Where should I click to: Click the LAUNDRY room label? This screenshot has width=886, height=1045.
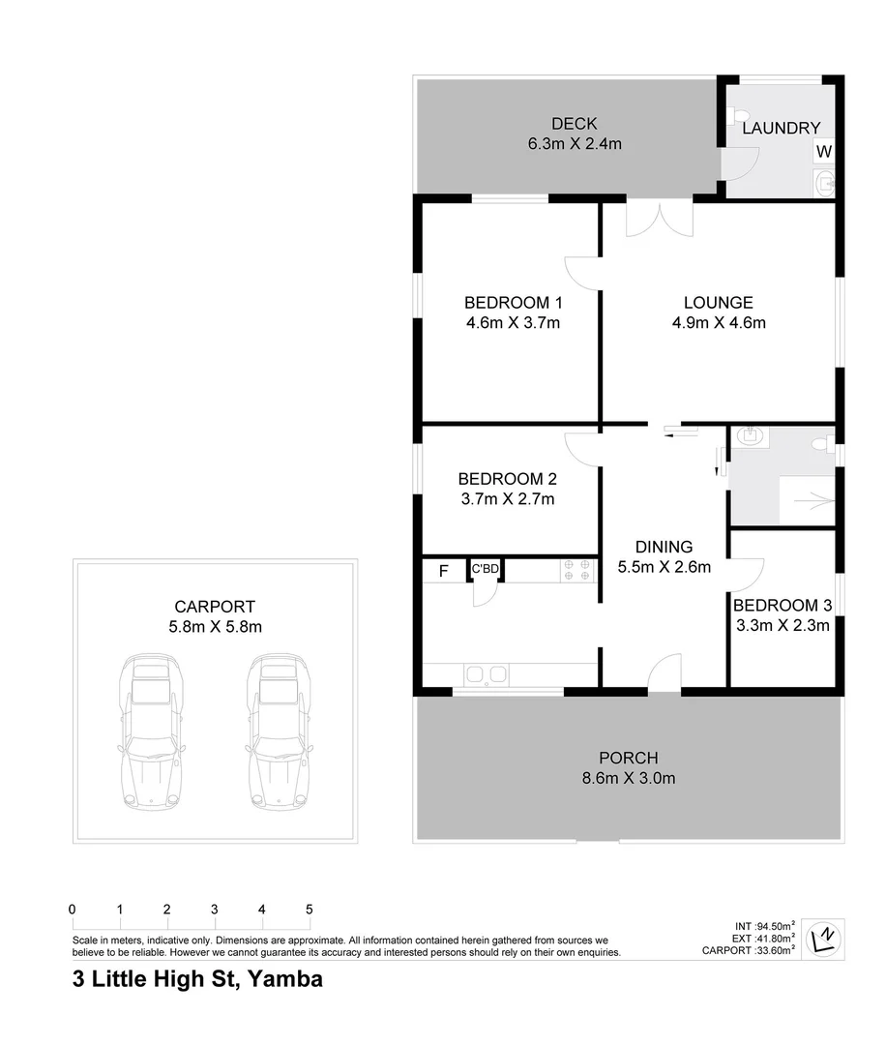pyautogui.click(x=781, y=128)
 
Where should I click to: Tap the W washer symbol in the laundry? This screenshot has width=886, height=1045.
pyautogui.click(x=823, y=152)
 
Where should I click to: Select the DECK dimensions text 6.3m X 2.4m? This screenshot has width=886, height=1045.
pyautogui.click(x=574, y=144)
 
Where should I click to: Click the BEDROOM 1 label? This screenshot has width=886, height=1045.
pyautogui.click(x=512, y=301)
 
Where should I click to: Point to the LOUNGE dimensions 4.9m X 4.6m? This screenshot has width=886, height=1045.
pyautogui.click(x=718, y=323)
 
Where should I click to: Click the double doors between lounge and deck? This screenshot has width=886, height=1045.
pyautogui.click(x=659, y=219)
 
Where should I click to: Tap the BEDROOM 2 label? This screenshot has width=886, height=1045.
pyautogui.click(x=507, y=478)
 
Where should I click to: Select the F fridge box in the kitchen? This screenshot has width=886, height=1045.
pyautogui.click(x=443, y=571)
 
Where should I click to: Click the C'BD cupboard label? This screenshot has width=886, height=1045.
pyautogui.click(x=485, y=569)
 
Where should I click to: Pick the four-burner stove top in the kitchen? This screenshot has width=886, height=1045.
pyautogui.click(x=576, y=570)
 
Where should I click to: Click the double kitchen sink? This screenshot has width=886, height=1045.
pyautogui.click(x=485, y=674)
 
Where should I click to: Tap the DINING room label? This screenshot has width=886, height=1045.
pyautogui.click(x=664, y=547)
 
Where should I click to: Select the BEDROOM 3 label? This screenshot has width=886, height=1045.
pyautogui.click(x=782, y=606)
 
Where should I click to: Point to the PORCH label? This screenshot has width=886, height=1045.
pyautogui.click(x=628, y=758)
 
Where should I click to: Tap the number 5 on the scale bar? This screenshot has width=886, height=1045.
pyautogui.click(x=310, y=910)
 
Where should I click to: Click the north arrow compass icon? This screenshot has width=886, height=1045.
pyautogui.click(x=824, y=937)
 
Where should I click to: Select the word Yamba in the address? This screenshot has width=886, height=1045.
pyautogui.click(x=285, y=978)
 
